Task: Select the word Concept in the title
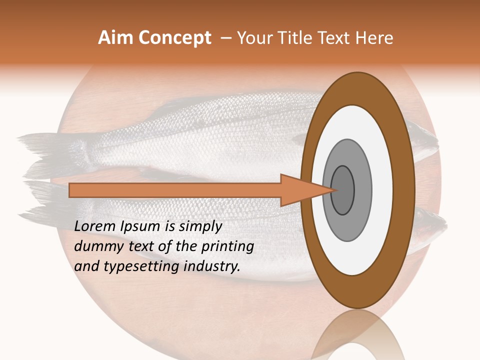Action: pos(174,38)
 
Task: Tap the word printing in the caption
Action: pos(227,247)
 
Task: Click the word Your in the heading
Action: pos(253,38)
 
